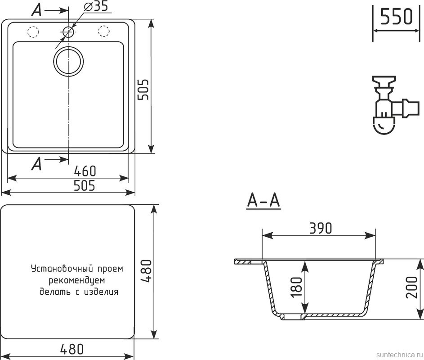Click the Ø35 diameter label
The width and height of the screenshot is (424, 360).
click(x=95, y=7)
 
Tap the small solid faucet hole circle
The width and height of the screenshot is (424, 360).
click(x=68, y=31)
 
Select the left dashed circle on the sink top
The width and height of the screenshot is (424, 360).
click(x=33, y=31)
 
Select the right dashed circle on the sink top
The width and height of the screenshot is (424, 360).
click(x=103, y=31)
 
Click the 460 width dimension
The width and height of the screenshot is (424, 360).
click(x=85, y=171)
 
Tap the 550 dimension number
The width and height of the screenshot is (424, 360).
click(x=396, y=18)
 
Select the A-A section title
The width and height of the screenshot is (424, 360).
click(x=263, y=201)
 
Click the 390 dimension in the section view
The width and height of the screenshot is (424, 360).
click(x=320, y=228)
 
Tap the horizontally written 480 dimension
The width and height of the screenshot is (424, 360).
click(x=71, y=349)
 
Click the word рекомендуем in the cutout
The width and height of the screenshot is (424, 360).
click(x=76, y=280)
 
